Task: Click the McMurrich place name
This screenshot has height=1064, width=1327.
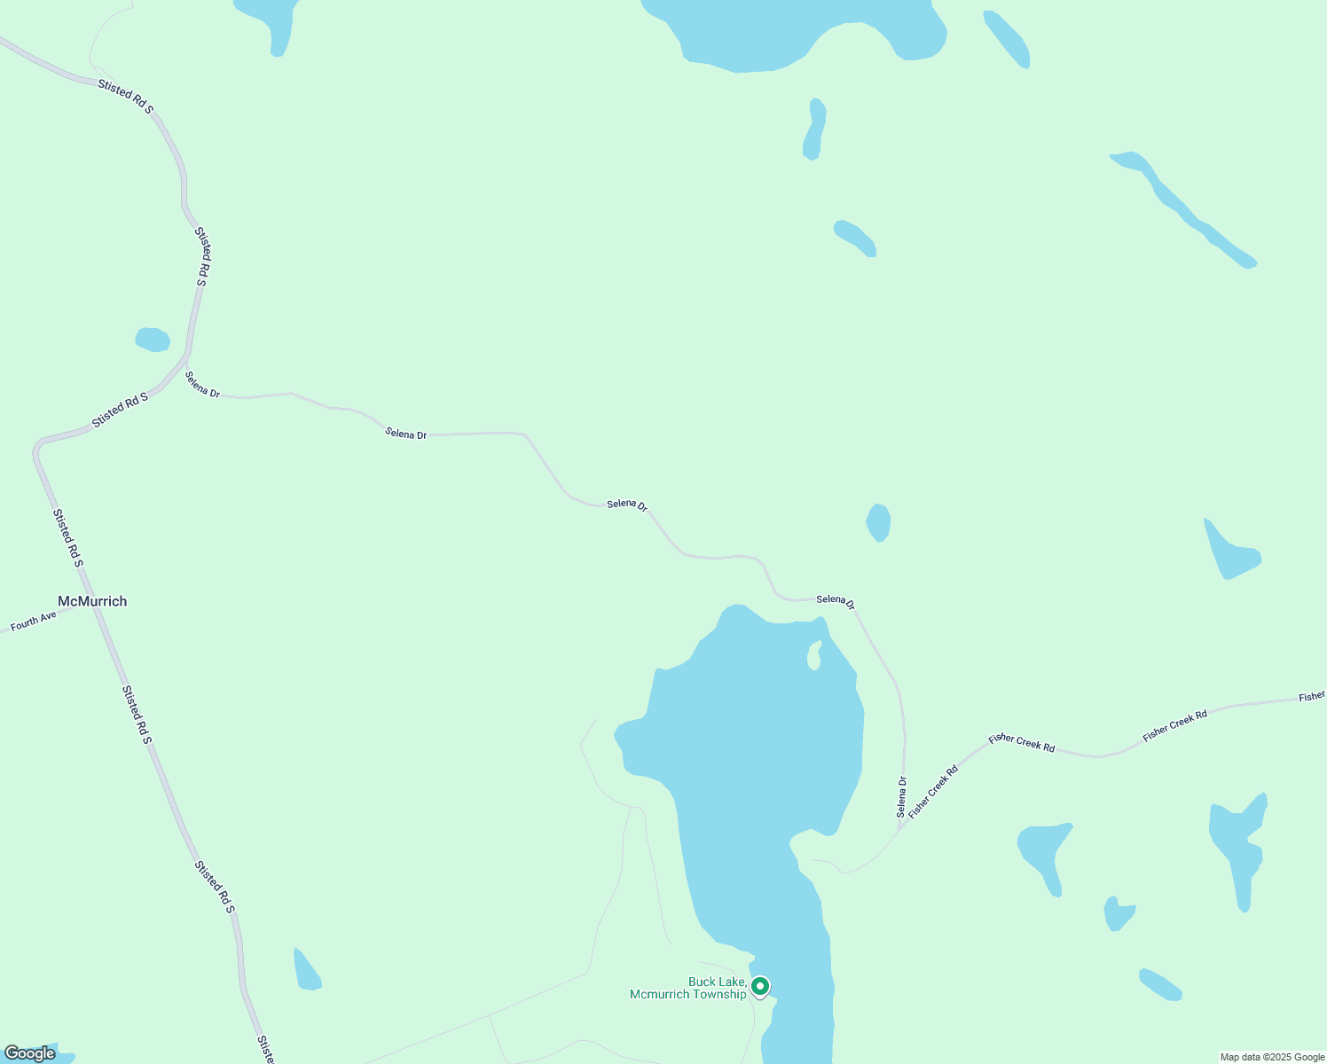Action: pyautogui.click(x=92, y=601)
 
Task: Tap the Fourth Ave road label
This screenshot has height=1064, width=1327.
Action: pyautogui.click(x=34, y=621)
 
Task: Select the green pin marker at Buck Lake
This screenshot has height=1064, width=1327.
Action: pyautogui.click(x=760, y=986)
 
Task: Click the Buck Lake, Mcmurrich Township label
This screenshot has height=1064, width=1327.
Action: pyautogui.click(x=688, y=988)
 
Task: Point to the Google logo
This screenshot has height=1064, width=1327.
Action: pyautogui.click(x=29, y=1053)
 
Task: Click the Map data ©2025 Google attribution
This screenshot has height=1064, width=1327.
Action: pyautogui.click(x=1272, y=1057)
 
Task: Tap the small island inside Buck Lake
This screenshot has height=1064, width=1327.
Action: pyautogui.click(x=813, y=656)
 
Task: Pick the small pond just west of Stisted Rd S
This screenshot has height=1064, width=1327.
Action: pyautogui.click(x=153, y=340)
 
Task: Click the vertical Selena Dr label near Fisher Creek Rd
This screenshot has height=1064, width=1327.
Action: pyautogui.click(x=902, y=797)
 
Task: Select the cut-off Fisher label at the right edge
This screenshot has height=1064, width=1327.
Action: pyautogui.click(x=1312, y=697)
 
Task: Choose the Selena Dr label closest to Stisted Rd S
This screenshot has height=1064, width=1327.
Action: pyautogui.click(x=202, y=385)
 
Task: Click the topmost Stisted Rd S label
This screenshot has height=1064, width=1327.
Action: pyautogui.click(x=126, y=97)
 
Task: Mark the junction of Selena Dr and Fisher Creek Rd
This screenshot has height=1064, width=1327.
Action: pyautogui.click(x=900, y=829)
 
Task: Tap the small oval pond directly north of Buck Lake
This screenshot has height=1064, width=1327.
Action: pyautogui.click(x=878, y=522)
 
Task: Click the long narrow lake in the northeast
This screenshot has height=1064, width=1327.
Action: pyautogui.click(x=1184, y=210)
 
